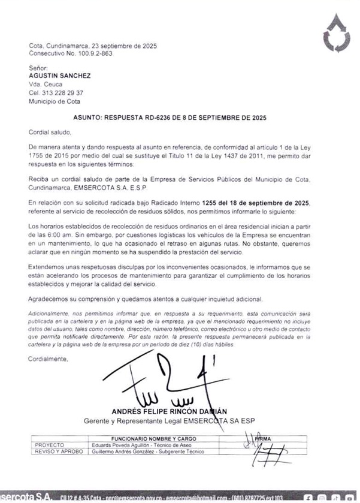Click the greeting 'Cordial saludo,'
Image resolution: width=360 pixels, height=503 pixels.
coord(49,131)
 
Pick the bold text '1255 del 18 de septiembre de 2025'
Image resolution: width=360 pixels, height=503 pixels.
coord(256,203)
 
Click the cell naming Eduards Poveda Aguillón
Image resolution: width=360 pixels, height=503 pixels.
coord(140,445)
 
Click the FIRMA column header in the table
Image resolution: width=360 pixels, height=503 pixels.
coord(262,439)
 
